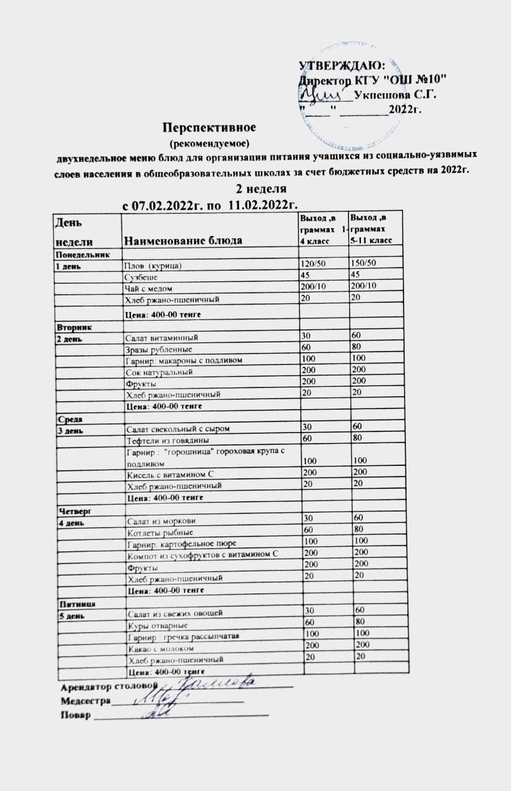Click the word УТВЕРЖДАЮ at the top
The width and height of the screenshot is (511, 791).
(342, 66)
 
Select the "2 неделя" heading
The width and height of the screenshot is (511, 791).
(261, 187)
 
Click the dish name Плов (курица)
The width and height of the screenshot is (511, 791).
(154, 266)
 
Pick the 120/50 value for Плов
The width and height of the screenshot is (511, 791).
(313, 264)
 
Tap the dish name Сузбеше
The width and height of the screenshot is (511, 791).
(141, 277)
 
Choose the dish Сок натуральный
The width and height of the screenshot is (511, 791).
(159, 372)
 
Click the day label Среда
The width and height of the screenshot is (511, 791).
(69, 419)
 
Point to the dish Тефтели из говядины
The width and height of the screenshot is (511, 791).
(167, 440)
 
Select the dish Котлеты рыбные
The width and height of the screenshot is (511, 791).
(160, 532)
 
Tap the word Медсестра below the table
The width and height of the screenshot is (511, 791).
(85, 701)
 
